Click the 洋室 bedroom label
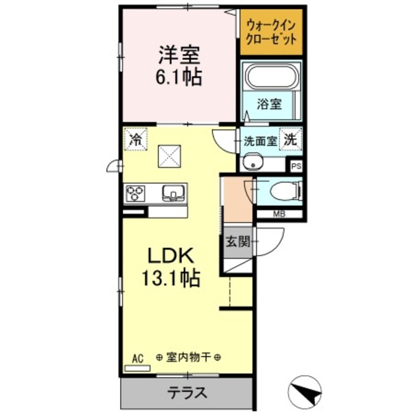(x=176, y=54)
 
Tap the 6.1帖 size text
(x=177, y=77)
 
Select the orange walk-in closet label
(x=271, y=32)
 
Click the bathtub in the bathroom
(x=272, y=77)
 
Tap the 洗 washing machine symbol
(x=291, y=138)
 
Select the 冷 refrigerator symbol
(x=136, y=138)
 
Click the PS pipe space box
(x=296, y=166)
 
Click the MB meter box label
(x=279, y=214)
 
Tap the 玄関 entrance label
(x=237, y=243)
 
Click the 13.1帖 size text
(x=170, y=279)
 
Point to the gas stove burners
(x=136, y=192)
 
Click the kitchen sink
(x=174, y=192)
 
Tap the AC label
(x=137, y=357)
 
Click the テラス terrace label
(x=187, y=392)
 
